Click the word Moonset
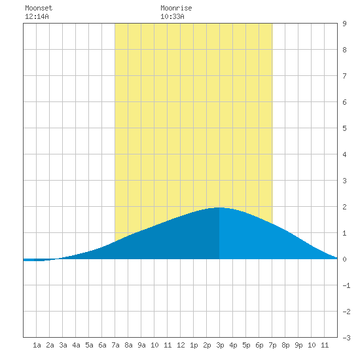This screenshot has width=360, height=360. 39,8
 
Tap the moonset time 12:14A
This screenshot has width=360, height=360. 37,16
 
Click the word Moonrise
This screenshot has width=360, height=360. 176,8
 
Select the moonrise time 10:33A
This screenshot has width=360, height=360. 172,16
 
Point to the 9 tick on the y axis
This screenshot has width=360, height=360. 344,24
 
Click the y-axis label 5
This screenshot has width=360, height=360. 344,128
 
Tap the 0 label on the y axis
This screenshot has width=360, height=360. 344,259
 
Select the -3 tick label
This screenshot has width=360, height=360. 346,338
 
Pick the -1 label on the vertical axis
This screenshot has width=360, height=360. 346,285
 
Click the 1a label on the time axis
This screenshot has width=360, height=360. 37,345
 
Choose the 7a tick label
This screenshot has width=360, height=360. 115,345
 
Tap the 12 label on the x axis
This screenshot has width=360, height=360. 181,345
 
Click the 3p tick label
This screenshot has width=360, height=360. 220,345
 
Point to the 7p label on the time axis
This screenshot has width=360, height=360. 272,345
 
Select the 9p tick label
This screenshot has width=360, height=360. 298,345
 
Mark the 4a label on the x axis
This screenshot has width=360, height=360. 76,345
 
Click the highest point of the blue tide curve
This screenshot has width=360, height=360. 219,207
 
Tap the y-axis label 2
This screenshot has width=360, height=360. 344,207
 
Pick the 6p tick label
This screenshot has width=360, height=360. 259,345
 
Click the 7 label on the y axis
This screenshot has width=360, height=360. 344,76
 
